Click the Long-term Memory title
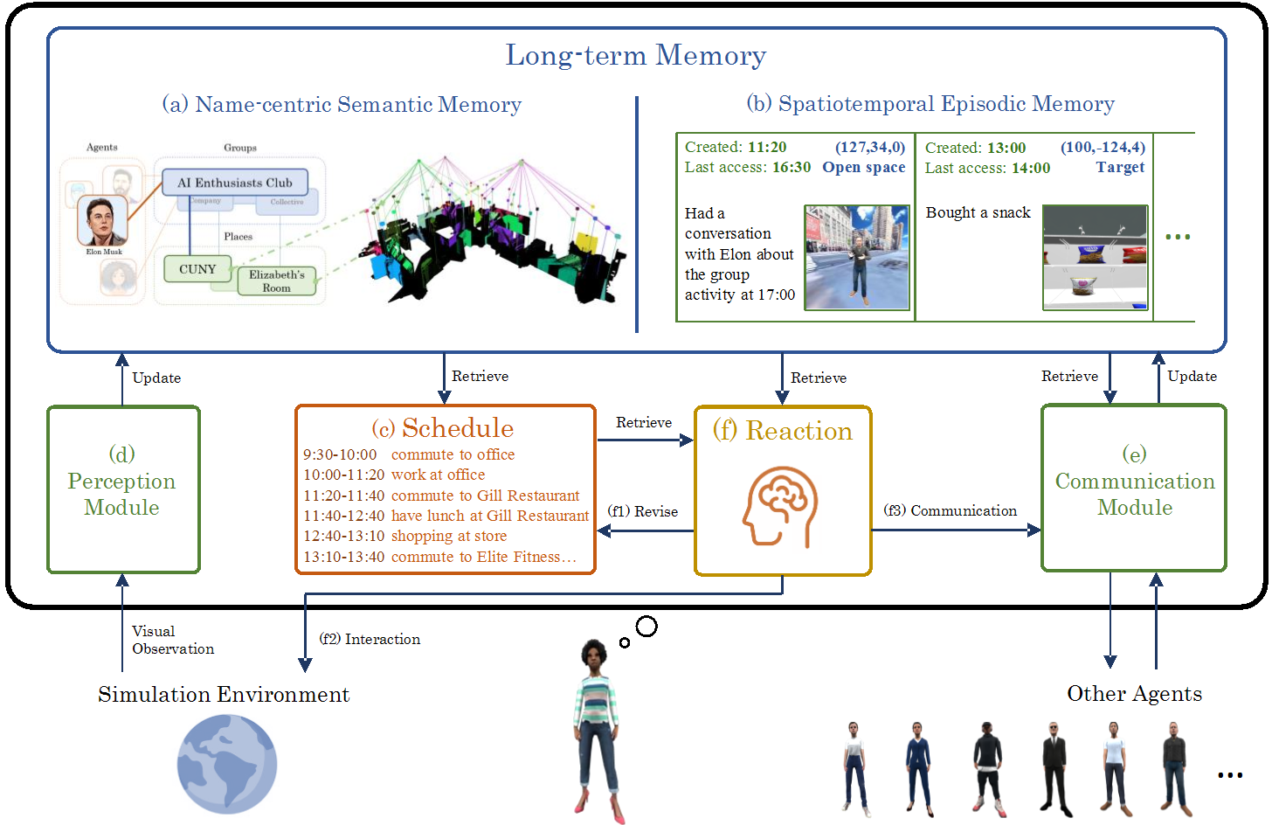[635, 55]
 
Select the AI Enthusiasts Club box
[234, 183]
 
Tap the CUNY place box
[197, 269]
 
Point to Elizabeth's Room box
[276, 281]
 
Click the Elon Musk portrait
[103, 220]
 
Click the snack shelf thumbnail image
[1095, 258]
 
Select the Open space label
[863, 167]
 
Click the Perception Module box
[122, 489]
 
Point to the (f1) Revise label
[643, 511]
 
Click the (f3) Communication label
[950, 510]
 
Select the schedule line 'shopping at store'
[448, 536]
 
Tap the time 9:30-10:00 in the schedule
[340, 454]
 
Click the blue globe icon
[227, 764]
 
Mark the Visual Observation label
[172, 640]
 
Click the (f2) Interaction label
[370, 639]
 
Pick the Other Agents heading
[1134, 694]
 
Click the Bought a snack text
[978, 212]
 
